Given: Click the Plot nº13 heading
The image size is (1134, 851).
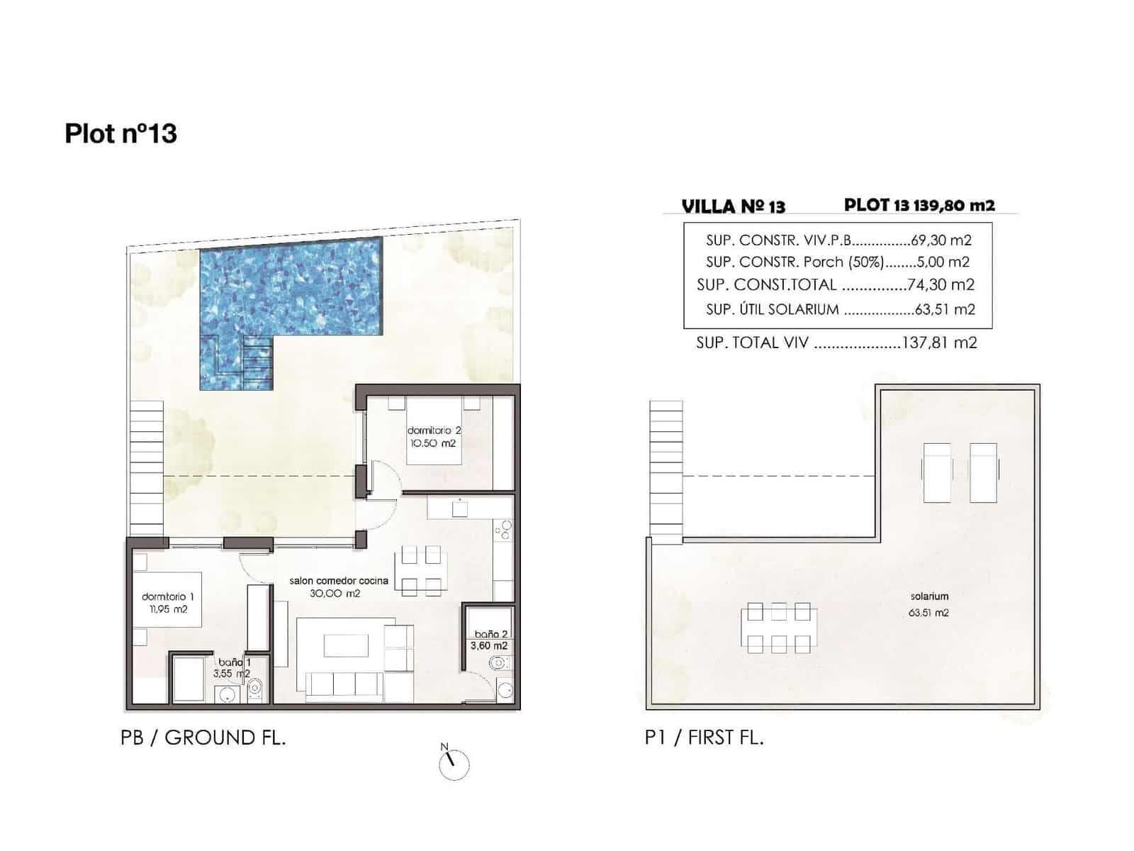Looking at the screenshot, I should coord(120,133).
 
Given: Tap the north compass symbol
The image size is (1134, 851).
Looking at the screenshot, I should coord(454,764).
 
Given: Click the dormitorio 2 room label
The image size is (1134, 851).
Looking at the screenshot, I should coord(434,430).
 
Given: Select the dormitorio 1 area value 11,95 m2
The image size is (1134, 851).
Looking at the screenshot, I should coord(168,609).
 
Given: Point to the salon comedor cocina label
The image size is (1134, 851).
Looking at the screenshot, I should coord(339,581).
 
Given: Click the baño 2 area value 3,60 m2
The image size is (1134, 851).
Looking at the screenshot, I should coord(489,646).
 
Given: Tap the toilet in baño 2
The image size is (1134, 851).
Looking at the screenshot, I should coord(498,664).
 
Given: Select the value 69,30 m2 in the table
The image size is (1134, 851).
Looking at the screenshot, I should coord(941,240).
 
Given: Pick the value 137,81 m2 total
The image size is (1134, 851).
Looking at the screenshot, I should coord(939,343).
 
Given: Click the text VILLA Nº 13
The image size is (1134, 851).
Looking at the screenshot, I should coord(733,206).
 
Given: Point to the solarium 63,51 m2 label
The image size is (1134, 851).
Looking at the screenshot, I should coord(928,604).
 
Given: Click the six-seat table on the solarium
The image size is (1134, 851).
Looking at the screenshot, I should coord(778,627).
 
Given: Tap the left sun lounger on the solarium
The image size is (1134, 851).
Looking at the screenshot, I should coord(936,472).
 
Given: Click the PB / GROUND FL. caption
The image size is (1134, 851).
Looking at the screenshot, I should coord(203,738).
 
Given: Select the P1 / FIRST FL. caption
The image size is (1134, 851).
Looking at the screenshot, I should coord(704,738).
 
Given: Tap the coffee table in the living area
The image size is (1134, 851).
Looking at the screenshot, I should coord(347,645).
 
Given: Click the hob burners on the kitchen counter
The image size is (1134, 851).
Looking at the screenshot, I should coord(503,530).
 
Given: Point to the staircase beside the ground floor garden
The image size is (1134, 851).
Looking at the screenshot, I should coord(146,468).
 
